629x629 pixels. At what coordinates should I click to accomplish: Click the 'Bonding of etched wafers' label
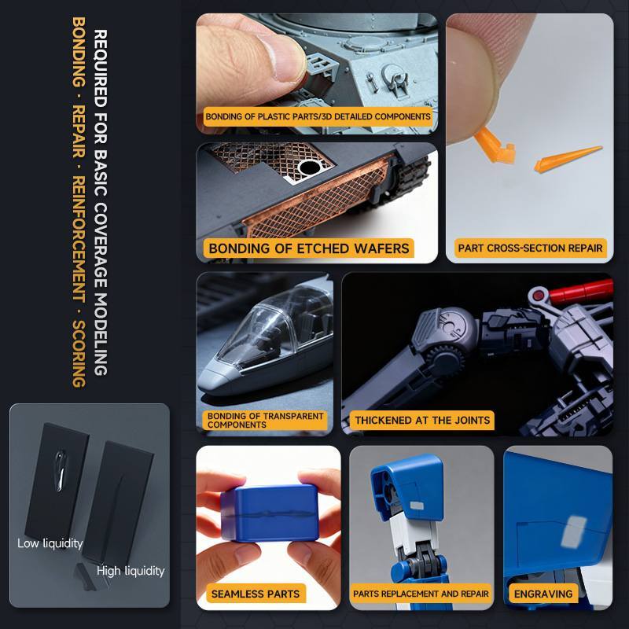click(309, 248)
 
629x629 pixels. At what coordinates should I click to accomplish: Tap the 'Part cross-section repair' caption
click(530, 248)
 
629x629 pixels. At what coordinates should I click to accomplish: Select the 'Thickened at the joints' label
click(422, 420)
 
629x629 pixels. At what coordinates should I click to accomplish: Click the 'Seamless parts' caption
click(255, 594)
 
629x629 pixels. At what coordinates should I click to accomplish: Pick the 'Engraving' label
click(543, 594)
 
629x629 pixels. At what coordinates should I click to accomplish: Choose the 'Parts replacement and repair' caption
click(421, 594)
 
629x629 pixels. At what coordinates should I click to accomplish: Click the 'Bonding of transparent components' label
click(265, 420)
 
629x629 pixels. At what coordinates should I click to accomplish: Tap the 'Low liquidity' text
click(50, 543)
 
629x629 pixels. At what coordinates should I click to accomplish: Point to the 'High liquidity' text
click(131, 571)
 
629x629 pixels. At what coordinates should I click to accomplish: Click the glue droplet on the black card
click(61, 470)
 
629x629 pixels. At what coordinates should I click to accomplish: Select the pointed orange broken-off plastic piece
click(567, 159)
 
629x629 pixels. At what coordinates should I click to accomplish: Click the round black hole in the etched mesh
click(310, 167)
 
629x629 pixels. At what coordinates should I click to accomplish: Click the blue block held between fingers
click(270, 513)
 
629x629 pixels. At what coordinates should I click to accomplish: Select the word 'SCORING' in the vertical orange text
click(79, 353)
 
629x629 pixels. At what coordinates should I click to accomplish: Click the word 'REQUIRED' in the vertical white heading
click(101, 68)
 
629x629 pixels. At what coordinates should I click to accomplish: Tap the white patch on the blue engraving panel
click(574, 532)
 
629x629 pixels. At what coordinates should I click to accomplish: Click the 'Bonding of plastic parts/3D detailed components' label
click(318, 116)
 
